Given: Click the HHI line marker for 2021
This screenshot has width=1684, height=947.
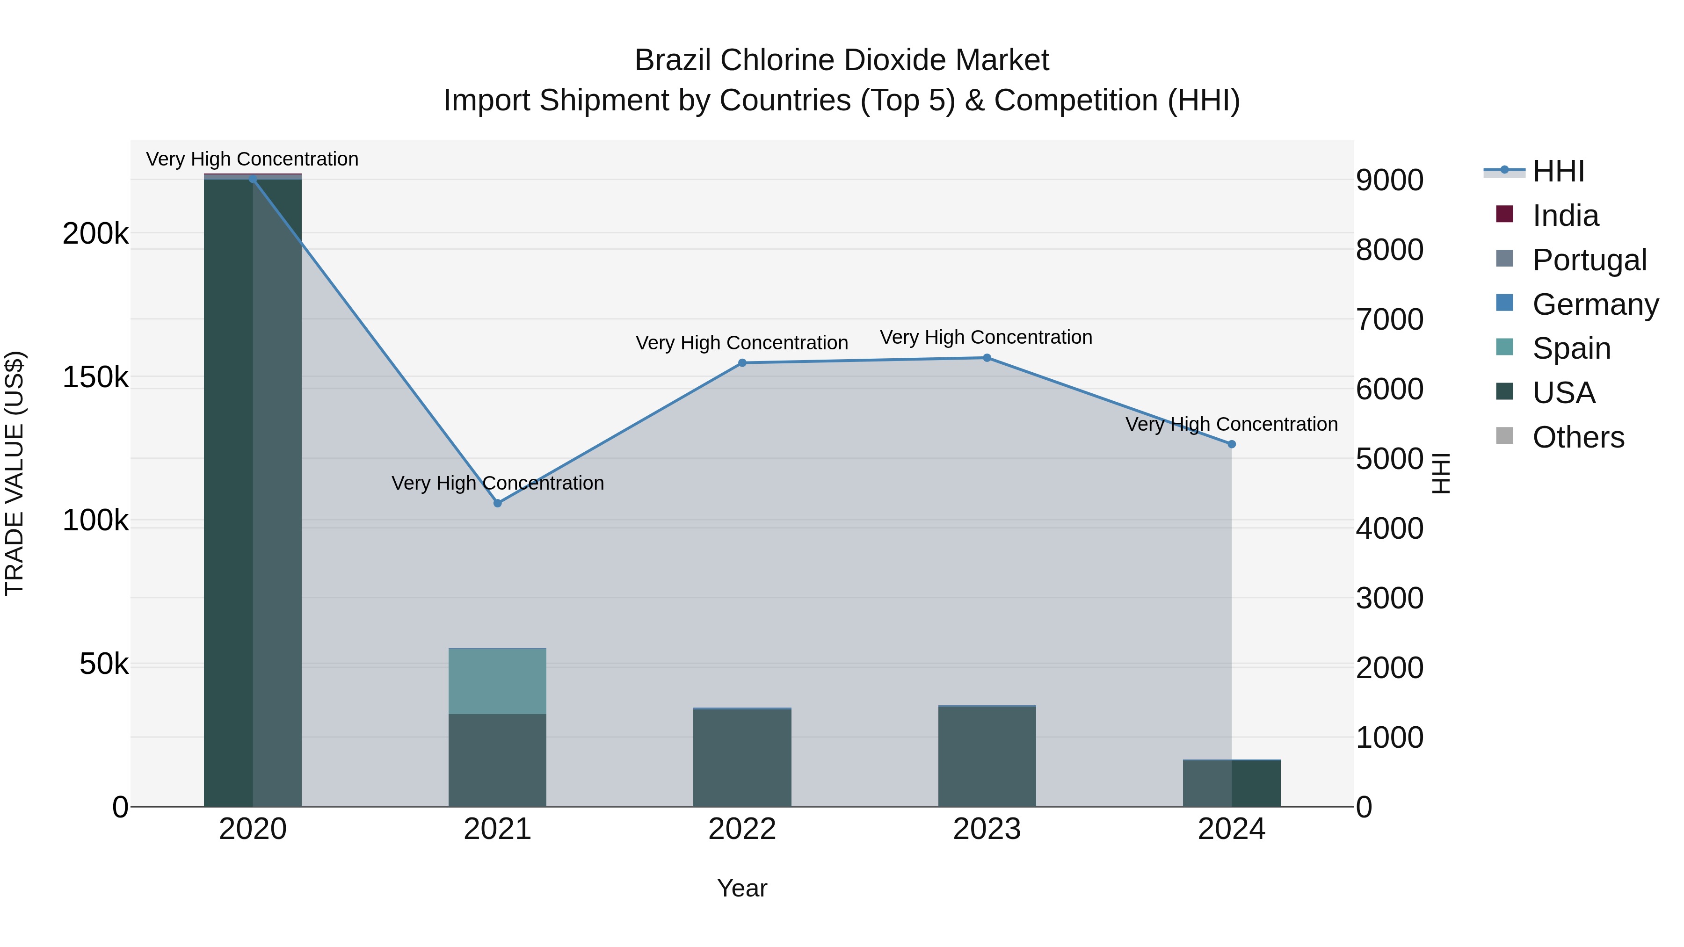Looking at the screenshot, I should tap(498, 503).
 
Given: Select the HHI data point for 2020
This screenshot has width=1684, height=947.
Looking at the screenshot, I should tap(253, 179).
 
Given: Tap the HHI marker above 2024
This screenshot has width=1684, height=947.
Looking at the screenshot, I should tap(1232, 444).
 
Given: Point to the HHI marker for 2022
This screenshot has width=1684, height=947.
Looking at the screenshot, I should tap(742, 363).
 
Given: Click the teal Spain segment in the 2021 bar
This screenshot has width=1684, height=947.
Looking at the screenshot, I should tap(498, 681).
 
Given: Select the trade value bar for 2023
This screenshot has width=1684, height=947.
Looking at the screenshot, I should tap(987, 756).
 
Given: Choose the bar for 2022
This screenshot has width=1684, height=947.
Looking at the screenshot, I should tap(742, 758).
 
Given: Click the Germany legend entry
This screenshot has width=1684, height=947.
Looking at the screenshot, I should tap(1595, 304).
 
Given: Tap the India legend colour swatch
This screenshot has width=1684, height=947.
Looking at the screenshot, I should tap(1504, 214).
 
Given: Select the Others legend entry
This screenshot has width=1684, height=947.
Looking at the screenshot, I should tap(1578, 437).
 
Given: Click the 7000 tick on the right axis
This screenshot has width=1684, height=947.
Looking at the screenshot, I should tap(1389, 319).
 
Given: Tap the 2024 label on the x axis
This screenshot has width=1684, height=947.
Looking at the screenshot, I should tap(1232, 829).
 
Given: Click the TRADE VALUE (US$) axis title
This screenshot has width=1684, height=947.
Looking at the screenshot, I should tap(15, 473).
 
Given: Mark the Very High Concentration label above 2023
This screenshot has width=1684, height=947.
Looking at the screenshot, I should tap(986, 337).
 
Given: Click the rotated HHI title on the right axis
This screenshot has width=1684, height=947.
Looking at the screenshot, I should tap(1440, 473).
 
